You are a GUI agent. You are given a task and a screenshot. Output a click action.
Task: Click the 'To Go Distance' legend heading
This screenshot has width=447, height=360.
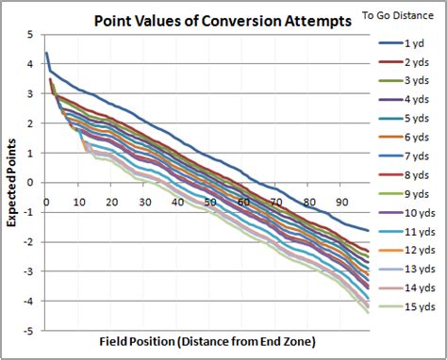click(x=401, y=15)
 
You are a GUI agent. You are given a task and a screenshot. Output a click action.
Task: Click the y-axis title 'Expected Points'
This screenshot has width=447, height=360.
click(x=13, y=183)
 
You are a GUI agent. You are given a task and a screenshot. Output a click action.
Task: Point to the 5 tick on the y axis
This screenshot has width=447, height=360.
click(x=32, y=34)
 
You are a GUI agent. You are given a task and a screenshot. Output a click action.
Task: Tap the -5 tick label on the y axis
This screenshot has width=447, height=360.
click(x=30, y=331)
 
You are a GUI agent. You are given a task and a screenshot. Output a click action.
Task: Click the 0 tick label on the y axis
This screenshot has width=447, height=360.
click(x=32, y=183)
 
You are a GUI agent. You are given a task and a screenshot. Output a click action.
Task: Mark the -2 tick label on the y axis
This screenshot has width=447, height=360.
click(x=30, y=242)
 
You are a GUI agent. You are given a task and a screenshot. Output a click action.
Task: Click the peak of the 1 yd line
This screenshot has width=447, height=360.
click(x=46, y=53)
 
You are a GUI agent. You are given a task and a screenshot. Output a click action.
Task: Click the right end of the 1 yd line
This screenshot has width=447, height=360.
click(x=369, y=230)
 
